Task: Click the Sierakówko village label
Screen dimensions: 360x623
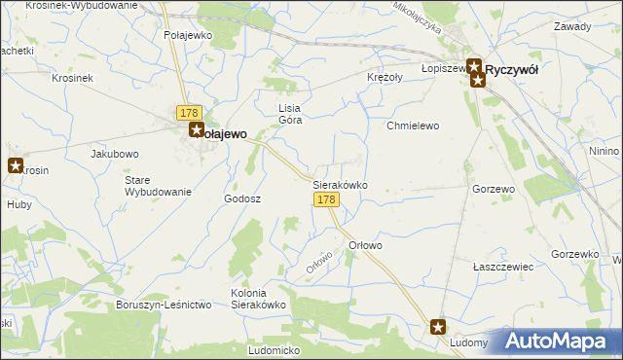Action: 339,183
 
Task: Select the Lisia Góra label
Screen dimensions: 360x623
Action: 290,114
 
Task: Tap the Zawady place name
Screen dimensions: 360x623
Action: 572,26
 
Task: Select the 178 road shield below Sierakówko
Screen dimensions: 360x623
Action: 326,199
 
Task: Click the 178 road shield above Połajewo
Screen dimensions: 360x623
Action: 189,113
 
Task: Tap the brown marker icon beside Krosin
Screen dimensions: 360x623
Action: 15,165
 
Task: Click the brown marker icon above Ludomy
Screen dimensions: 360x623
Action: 438,328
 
